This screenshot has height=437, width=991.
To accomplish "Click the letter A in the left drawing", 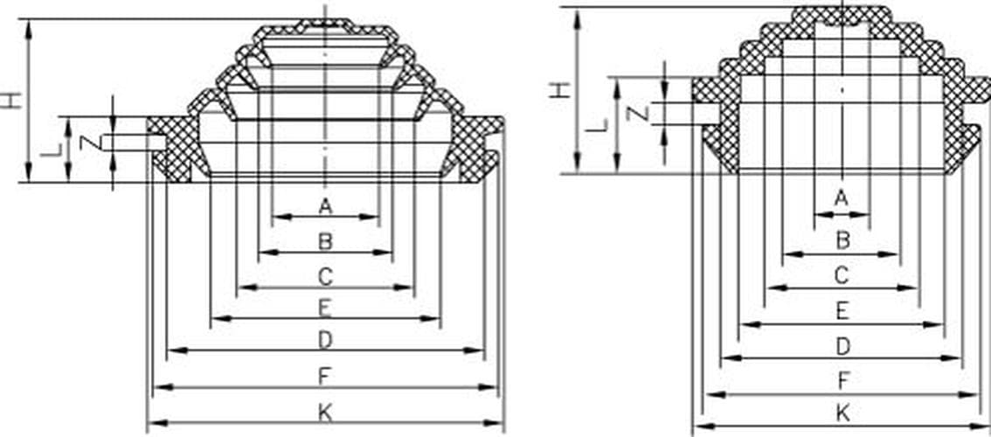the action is click(x=325, y=206).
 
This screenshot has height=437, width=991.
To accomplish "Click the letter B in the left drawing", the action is click(x=325, y=241).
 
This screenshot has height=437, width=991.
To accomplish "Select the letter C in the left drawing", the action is click(x=325, y=276).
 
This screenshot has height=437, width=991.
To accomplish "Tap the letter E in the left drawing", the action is click(x=325, y=308).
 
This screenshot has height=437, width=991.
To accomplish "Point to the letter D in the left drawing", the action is click(x=325, y=341).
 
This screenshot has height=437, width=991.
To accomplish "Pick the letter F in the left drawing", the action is click(x=325, y=378).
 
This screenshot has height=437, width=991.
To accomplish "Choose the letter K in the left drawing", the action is click(x=325, y=413).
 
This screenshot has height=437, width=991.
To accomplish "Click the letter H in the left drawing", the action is click(x=14, y=100).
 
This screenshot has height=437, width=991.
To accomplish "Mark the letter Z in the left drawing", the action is click(x=93, y=144).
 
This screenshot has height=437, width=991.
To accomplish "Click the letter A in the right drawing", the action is click(x=842, y=198).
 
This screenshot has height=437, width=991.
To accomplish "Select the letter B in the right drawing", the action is click(x=842, y=240).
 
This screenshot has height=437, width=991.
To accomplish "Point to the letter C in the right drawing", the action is click(x=842, y=275).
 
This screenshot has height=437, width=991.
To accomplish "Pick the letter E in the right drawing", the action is click(x=842, y=310).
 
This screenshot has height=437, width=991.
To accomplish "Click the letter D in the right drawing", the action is click(x=842, y=347).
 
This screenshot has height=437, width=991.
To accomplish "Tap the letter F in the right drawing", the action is click(x=843, y=381).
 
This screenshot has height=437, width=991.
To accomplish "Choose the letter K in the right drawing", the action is click(x=843, y=413).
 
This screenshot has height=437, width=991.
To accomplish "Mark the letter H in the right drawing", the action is click(x=559, y=89).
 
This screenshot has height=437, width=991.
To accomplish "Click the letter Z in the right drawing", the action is click(x=641, y=114).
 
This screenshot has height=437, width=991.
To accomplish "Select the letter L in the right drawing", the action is click(x=597, y=125).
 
